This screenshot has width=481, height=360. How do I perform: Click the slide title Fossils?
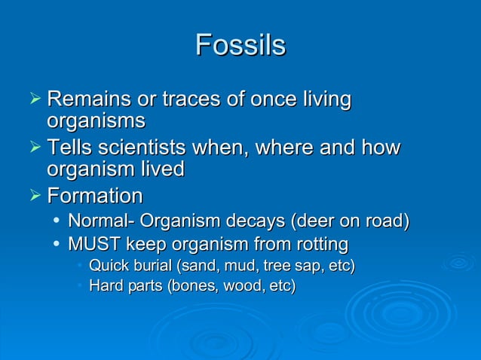tap(240, 45)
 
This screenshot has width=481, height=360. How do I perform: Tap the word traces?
tap(179, 99)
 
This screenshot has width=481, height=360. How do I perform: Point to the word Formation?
tap(94, 197)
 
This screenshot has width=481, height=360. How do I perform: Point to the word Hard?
tap(105, 286)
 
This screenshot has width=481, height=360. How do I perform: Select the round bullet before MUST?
tap(57, 245)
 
